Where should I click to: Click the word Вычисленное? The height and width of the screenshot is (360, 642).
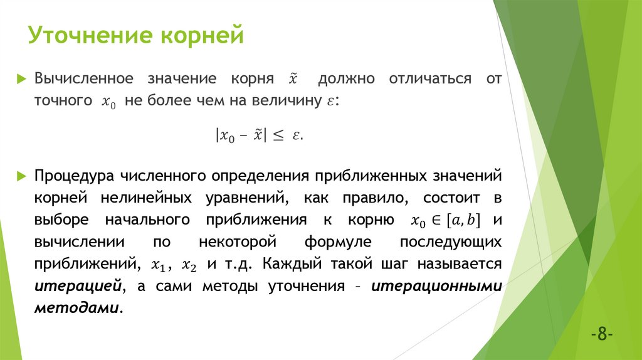point(84,79)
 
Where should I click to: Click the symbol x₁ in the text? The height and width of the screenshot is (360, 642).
point(159,265)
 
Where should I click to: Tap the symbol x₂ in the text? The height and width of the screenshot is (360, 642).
point(189,265)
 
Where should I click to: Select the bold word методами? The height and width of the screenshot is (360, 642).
point(76,309)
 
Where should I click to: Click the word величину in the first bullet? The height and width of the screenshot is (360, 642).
point(299,101)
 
